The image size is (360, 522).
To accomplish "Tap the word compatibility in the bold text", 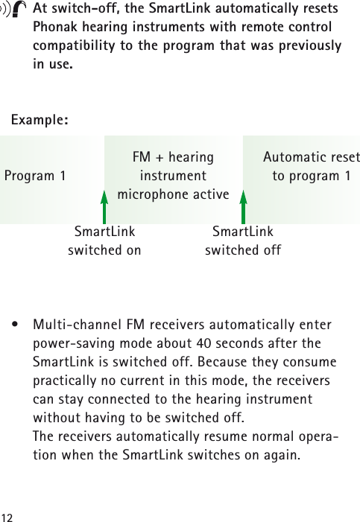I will pos(80,46).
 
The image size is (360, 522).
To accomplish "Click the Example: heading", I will pos(41,120).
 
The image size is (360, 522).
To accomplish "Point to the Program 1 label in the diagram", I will pos(35,176).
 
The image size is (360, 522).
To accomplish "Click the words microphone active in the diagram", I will pos(173,195).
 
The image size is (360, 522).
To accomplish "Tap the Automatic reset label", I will pos(311,158).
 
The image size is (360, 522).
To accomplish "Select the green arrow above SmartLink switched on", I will pos(104,206).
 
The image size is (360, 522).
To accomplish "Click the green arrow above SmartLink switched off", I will pos(243,206).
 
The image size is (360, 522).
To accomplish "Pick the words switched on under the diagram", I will pos(104,250).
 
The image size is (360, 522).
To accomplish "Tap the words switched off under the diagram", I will pos(243,250).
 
